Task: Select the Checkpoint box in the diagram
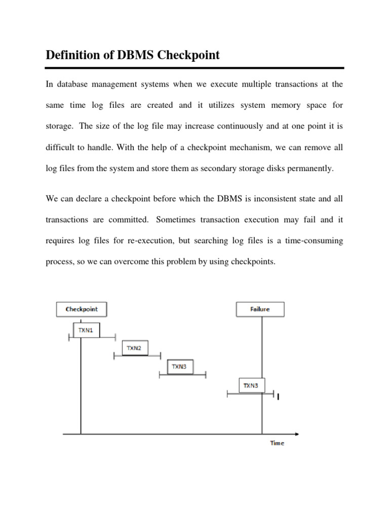81,309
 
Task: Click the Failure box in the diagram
260,309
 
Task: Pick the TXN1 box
86,330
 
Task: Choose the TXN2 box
135,348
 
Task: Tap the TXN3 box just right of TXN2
180,367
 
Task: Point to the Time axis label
277,443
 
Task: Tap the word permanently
311,168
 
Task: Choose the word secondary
232,168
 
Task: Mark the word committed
128,220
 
